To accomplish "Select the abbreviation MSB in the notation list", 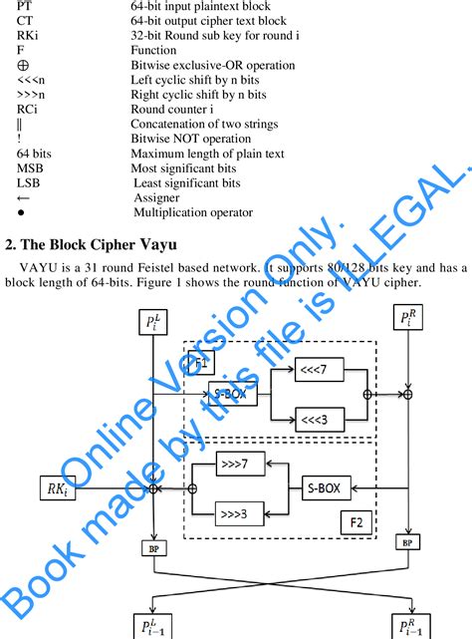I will pyautogui.click(x=30, y=169).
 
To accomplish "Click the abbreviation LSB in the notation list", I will pyautogui.click(x=29, y=183).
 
